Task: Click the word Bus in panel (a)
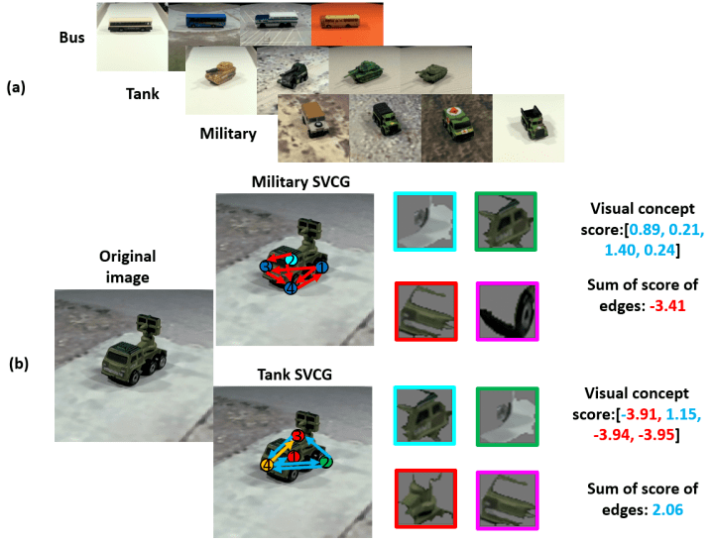click(72, 38)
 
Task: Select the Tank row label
click(143, 94)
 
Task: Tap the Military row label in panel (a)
click(228, 134)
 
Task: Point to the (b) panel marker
click(19, 364)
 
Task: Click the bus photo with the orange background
click(347, 24)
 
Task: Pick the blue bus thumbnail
click(204, 23)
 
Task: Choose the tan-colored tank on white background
click(221, 80)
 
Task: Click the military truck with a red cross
click(457, 128)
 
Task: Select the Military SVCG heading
click(301, 182)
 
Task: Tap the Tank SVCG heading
click(295, 375)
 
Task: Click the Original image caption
click(128, 267)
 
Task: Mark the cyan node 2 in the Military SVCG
click(292, 260)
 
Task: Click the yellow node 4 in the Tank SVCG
click(267, 465)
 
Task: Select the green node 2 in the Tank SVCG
click(325, 463)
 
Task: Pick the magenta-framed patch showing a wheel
click(508, 311)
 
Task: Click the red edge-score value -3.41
click(667, 305)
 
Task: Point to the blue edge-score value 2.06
click(667, 509)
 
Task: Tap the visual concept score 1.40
click(620, 250)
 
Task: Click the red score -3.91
click(640, 414)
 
